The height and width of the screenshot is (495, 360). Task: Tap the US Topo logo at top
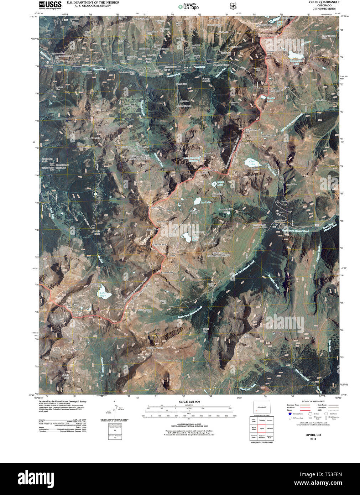(x=189, y=6)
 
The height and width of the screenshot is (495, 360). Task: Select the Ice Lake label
(x=206, y=203)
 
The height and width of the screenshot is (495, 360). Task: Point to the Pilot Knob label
(x=156, y=207)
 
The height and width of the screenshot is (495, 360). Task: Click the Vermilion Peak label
(x=159, y=245)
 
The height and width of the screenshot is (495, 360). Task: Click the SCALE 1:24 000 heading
(x=189, y=402)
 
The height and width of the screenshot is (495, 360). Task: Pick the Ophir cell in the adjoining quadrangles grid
(x=262, y=428)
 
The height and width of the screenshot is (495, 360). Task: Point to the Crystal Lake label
(x=271, y=98)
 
